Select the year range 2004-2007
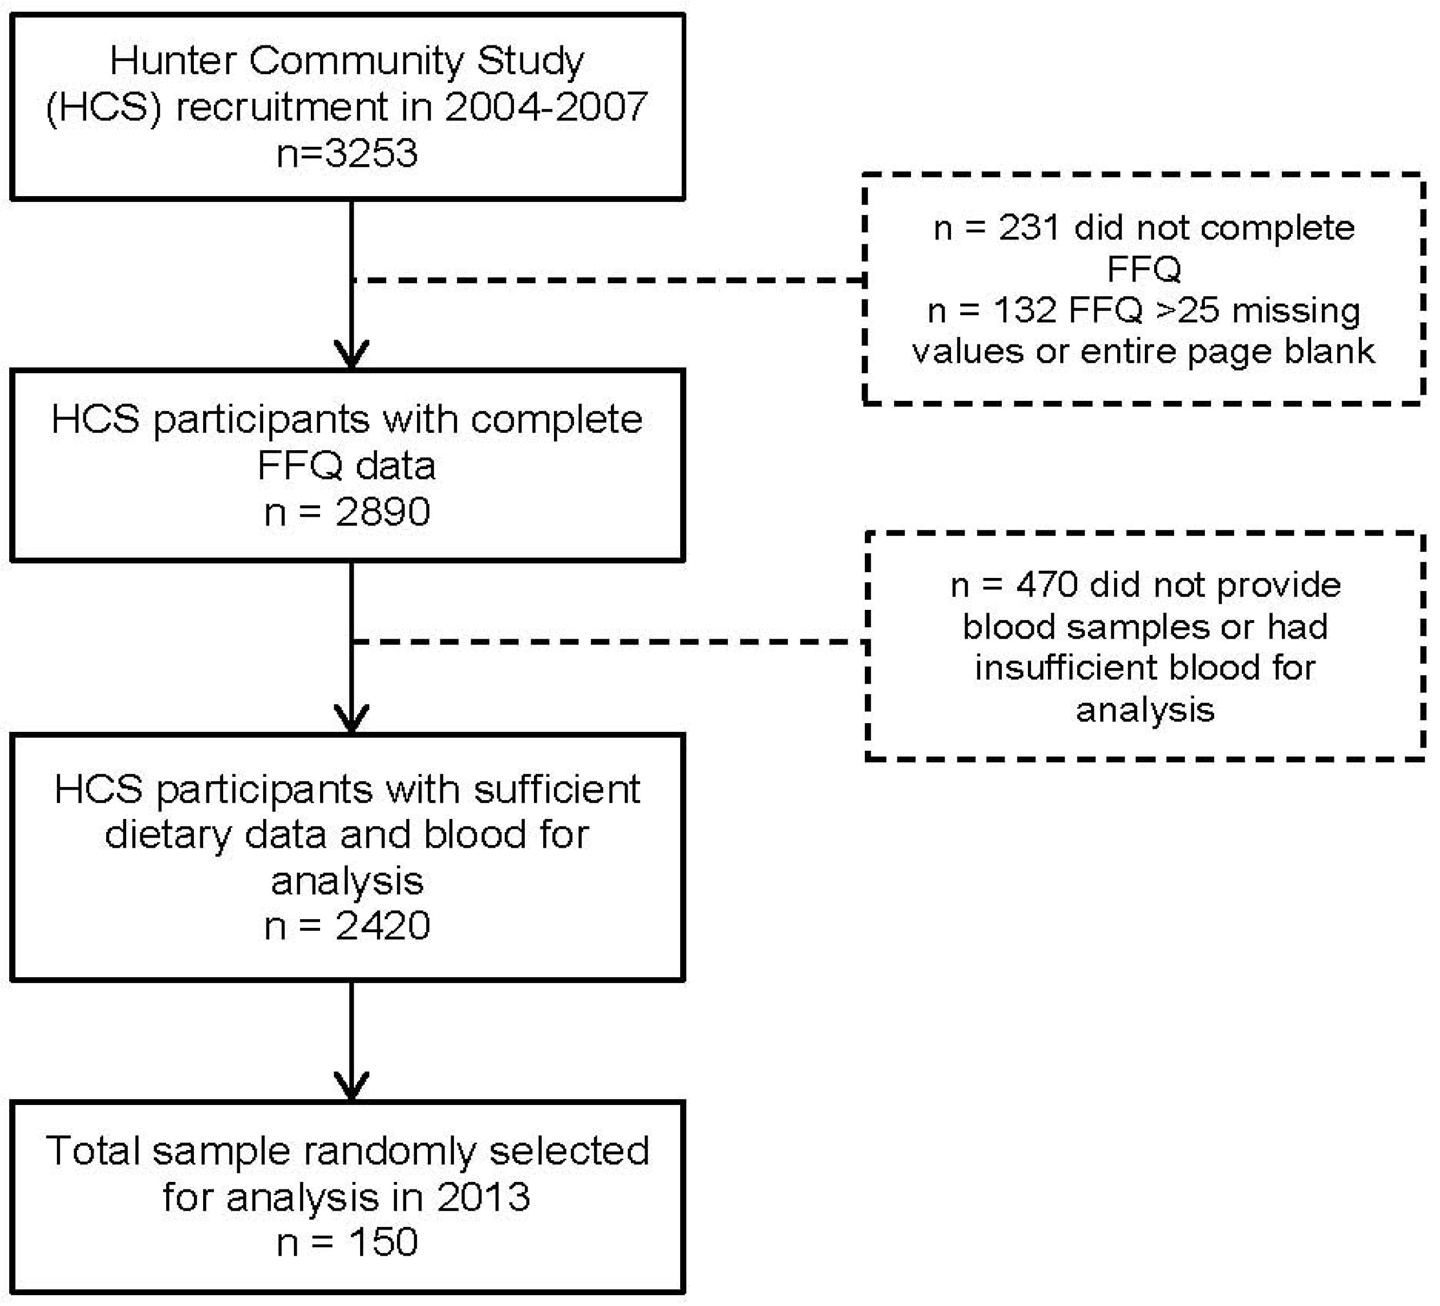point(546,107)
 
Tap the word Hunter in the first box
point(174,61)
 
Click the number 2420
point(383,926)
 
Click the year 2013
point(484,1197)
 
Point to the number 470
point(1047,585)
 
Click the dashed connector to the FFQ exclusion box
point(607,280)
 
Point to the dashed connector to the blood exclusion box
point(607,641)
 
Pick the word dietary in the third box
point(168,835)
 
